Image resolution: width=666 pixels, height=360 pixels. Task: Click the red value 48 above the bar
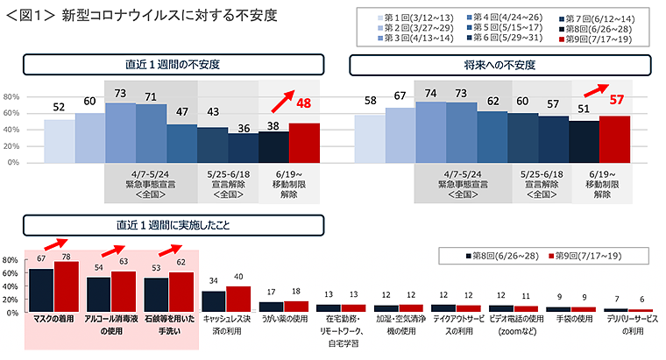(304, 103)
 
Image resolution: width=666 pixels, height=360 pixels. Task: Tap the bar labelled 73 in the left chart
(120, 132)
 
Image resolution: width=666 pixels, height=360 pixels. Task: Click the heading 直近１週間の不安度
(172, 65)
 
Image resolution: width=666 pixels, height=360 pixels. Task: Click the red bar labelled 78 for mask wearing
(67, 287)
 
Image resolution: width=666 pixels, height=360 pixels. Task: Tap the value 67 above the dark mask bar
(41, 259)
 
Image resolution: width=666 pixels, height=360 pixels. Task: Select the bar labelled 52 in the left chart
(59, 140)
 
